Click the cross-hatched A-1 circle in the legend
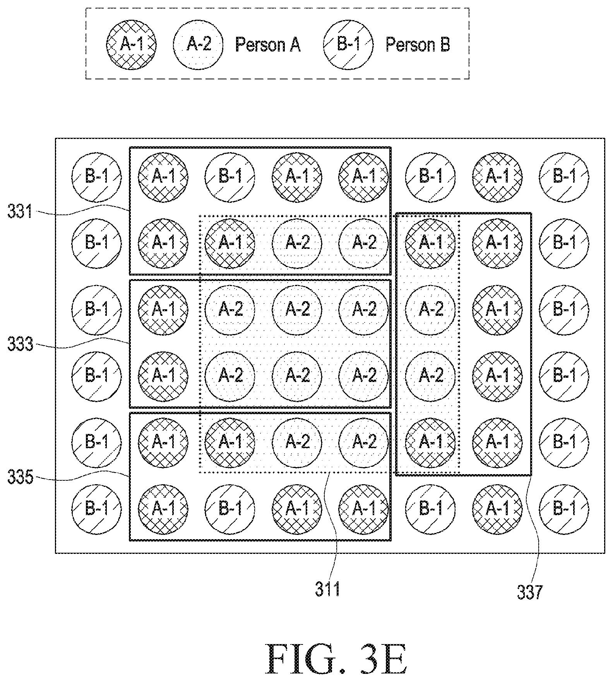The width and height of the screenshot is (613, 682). coord(132,45)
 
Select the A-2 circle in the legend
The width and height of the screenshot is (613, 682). coord(198,45)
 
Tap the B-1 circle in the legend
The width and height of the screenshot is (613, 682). coord(348,45)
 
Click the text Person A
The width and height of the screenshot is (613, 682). coord(268,45)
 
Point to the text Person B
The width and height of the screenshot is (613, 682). coord(418,45)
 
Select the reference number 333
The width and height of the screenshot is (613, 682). coord(20,344)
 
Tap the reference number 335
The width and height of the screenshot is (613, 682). coord(20,478)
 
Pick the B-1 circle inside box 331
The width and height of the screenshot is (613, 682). coord(230,177)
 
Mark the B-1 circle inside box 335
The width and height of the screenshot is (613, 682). coord(230,508)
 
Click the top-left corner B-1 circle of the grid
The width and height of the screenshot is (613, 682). coord(96,177)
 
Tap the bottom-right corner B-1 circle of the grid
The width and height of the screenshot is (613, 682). coord(564,508)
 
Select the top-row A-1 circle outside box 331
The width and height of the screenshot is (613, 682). coord(497,177)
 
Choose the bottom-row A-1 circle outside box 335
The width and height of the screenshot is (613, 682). coord(497,508)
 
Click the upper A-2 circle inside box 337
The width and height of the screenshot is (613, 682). coord(430,309)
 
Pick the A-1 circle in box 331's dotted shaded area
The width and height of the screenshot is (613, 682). coord(230,243)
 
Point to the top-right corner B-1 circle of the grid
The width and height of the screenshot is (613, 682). coord(564,177)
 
